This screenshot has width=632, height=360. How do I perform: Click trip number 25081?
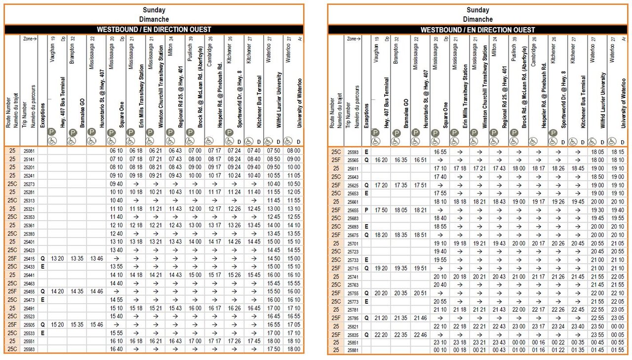click(x=30, y=151)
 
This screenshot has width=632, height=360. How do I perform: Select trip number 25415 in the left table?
click(x=30, y=258)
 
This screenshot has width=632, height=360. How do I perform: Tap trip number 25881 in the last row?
click(x=353, y=350)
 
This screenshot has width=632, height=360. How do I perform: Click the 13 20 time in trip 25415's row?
click(x=57, y=258)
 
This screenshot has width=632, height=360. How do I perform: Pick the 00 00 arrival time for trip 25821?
click(x=618, y=326)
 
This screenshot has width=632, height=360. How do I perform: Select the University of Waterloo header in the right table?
click(x=624, y=99)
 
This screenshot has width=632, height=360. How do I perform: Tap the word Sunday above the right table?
click(x=478, y=10)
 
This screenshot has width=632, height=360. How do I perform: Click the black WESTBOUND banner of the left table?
click(x=154, y=30)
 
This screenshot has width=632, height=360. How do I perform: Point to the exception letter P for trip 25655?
click(x=366, y=210)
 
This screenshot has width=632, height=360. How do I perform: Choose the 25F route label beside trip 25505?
click(x=12, y=325)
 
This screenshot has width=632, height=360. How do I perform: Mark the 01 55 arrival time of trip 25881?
click(x=618, y=350)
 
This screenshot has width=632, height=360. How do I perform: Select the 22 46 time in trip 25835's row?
click(x=420, y=334)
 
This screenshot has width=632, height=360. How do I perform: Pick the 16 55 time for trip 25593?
click(x=439, y=152)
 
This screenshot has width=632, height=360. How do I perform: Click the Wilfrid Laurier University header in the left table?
click(x=279, y=99)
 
